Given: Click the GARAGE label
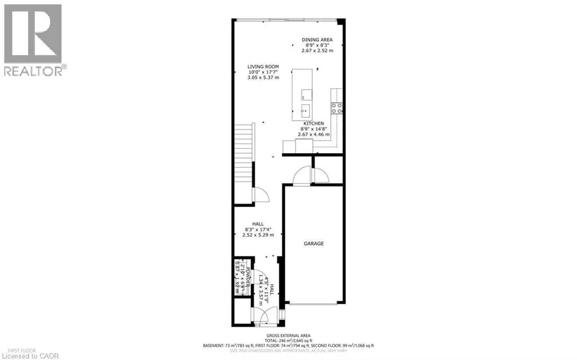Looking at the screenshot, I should point(314,243).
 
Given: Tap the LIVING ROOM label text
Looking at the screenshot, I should point(263,66).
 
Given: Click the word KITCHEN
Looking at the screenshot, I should point(313,123).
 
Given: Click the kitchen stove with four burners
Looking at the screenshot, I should point(338,108).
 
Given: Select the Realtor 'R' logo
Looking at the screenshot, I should point(33,33).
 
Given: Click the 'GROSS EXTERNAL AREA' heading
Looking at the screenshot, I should point(288,335).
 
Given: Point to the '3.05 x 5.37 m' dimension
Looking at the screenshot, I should point(263,78).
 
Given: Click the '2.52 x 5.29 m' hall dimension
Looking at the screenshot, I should point(258,234).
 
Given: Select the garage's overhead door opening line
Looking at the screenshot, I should point(314,305).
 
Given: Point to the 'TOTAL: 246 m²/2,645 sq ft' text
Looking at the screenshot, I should point(288,340).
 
